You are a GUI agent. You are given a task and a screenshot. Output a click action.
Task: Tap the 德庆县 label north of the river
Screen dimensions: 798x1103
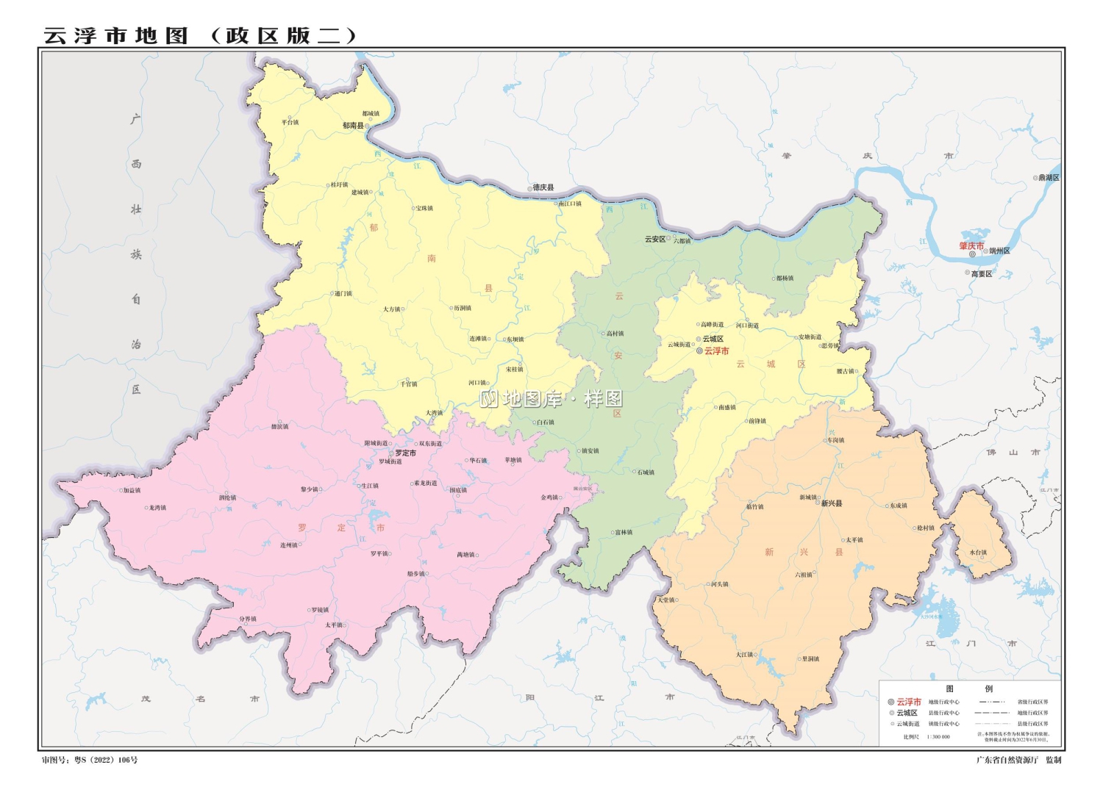point(543,188)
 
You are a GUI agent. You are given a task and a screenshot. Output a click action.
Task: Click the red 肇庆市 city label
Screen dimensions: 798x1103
point(971,246)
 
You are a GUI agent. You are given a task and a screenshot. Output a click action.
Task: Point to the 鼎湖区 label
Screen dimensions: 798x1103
point(1049,178)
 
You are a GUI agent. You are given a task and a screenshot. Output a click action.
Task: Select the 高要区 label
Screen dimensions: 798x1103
point(982,274)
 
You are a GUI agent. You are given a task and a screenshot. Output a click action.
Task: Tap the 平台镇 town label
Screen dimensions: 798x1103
point(290,122)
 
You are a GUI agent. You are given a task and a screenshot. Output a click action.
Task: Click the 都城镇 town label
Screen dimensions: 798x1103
point(371,114)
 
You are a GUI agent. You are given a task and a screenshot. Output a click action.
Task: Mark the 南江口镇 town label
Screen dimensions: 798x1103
point(570,204)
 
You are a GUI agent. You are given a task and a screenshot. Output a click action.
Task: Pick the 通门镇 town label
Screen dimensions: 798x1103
point(343,294)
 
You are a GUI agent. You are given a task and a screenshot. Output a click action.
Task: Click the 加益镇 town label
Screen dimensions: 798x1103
point(132,490)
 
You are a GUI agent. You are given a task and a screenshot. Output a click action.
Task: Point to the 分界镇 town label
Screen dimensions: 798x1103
point(248,619)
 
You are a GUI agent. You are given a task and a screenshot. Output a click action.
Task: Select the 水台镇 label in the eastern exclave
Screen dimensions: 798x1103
point(978,553)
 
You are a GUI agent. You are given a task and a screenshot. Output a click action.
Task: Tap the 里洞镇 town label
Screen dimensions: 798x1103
point(810,659)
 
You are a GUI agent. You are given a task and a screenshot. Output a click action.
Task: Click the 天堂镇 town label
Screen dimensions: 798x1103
point(666,600)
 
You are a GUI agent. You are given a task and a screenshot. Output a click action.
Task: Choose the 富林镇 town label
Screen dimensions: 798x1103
point(624,533)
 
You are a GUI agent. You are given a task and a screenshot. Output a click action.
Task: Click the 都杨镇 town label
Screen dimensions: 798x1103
point(785,278)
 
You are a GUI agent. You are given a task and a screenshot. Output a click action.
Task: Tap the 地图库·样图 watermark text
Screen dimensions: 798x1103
point(551,399)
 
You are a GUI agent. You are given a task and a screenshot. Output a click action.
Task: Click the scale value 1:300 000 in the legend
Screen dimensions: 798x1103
point(938,736)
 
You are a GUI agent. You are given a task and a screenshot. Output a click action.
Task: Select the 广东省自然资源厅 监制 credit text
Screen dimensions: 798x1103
point(1018,760)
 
